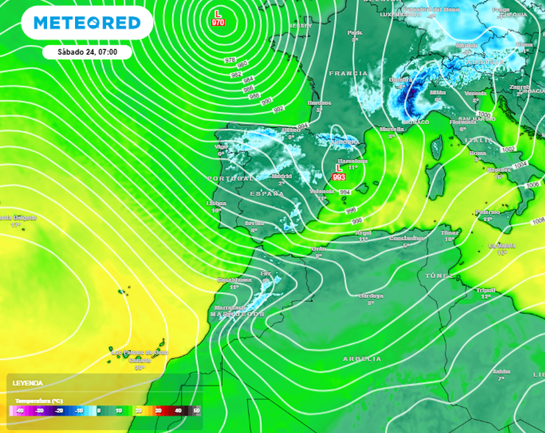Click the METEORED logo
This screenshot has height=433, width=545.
pos(87,23)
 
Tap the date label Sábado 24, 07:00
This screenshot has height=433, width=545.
pos(86,52)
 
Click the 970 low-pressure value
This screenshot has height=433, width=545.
pos(218,23)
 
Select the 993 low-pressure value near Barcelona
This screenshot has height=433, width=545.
pos(339,177)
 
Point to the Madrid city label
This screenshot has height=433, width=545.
pos(282,176)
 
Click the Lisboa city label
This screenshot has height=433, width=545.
pos(216,203)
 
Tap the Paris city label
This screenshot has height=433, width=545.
pos(355,32)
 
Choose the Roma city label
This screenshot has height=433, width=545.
pos(477,153)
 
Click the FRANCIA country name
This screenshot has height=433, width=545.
pos(348,74)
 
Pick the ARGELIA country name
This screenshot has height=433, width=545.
pos(363,359)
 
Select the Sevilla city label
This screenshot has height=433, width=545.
pos(254,222)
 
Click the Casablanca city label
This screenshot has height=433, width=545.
pos(235,279)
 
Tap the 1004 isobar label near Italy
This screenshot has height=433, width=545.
pos(520,165)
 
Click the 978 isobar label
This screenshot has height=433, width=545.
pos(230,60)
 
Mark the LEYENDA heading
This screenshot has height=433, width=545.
pos(28,383)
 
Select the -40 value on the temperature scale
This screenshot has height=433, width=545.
pos(20,410)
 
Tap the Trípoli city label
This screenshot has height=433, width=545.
pos(485,290)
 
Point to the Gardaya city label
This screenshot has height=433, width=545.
pos(371,296)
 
